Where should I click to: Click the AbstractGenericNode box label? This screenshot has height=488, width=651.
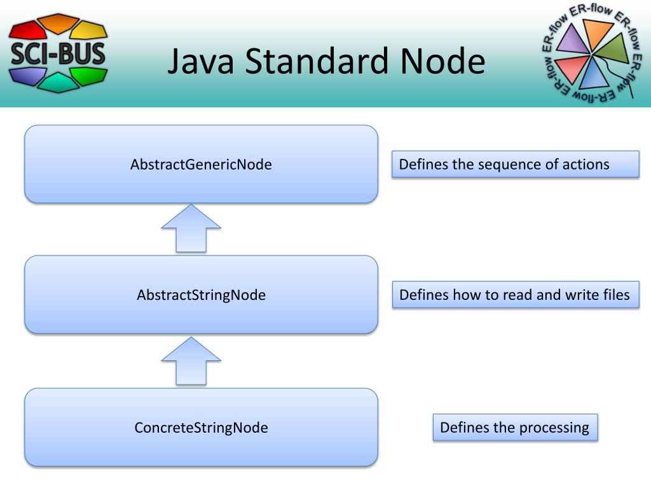(201, 165)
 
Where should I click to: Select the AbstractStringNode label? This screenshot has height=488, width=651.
(201, 295)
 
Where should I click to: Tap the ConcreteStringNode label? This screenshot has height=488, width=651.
(201, 428)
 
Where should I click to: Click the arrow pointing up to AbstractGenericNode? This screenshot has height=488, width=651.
(191, 227)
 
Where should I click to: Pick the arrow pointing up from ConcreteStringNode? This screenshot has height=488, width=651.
(191, 360)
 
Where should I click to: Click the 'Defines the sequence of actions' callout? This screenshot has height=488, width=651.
(515, 165)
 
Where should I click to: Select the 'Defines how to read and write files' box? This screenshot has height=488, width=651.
(515, 295)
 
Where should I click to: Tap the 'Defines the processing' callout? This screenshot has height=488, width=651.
(515, 427)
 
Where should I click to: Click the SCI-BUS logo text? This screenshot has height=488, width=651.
(58, 53)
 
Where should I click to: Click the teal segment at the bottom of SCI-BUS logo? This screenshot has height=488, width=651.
(58, 82)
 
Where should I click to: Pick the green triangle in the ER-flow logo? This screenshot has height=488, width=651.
(613, 51)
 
